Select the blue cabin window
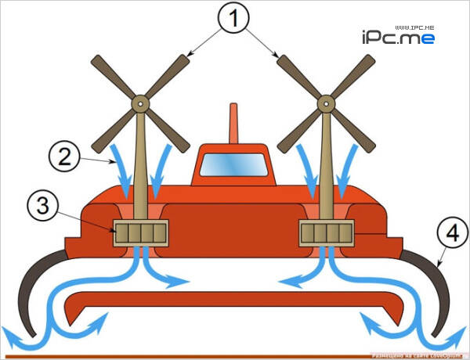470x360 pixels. (x=233, y=165)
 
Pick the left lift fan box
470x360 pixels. (x=141, y=232)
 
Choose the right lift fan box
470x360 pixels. (x=327, y=232)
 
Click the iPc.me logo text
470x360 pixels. (x=398, y=37)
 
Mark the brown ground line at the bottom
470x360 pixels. (x=196, y=356)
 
